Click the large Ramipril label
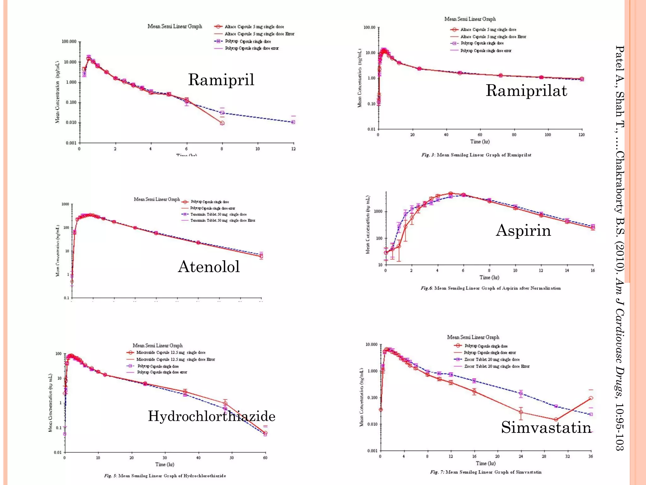click(x=221, y=80)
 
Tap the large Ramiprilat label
click(x=526, y=91)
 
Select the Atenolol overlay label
click(x=209, y=266)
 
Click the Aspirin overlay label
click(x=523, y=230)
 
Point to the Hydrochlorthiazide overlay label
click(x=212, y=416)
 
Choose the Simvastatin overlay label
click(x=546, y=428)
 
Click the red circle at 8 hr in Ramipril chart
click(x=222, y=123)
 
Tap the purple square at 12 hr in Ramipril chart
click(x=293, y=122)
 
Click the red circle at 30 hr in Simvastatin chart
click(x=556, y=420)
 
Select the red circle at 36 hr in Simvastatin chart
click(x=591, y=398)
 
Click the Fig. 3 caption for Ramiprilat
click(x=476, y=155)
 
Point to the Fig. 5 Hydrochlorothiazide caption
click(x=165, y=476)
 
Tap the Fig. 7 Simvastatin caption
click(x=486, y=472)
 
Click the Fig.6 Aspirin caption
click(x=490, y=288)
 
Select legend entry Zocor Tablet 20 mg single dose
click(x=492, y=359)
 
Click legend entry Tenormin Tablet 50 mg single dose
click(x=218, y=214)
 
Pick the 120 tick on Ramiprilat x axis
click(x=581, y=135)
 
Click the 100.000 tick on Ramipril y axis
click(x=69, y=42)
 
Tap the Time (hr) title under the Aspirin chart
click(x=489, y=278)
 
